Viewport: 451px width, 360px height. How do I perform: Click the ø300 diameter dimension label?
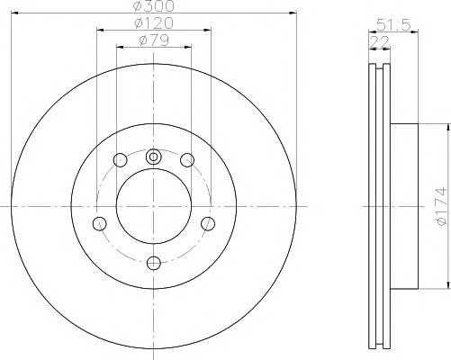coord(154,6)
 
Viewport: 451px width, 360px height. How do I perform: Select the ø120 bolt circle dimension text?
coord(154,23)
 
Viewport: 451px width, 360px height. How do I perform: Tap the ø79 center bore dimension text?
coord(154,40)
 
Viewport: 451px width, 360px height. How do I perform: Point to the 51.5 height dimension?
coord(393,25)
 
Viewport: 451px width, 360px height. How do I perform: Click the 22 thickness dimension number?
coord(380,41)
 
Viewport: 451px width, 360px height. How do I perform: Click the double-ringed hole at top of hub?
coord(153,157)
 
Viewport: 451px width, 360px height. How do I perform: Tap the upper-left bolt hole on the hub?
coord(121,159)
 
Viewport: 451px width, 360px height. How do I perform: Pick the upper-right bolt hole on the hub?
coord(187,159)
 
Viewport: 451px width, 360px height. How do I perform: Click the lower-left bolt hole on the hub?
coord(100,223)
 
